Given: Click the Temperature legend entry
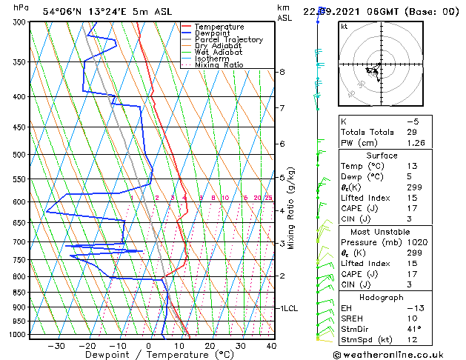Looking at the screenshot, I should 219,27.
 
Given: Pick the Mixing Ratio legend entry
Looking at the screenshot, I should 219,65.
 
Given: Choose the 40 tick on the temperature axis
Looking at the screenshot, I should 271,345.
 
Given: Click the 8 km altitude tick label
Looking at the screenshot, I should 282,72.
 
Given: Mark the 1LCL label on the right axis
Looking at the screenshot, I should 287,307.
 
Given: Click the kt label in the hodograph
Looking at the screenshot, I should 344,26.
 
